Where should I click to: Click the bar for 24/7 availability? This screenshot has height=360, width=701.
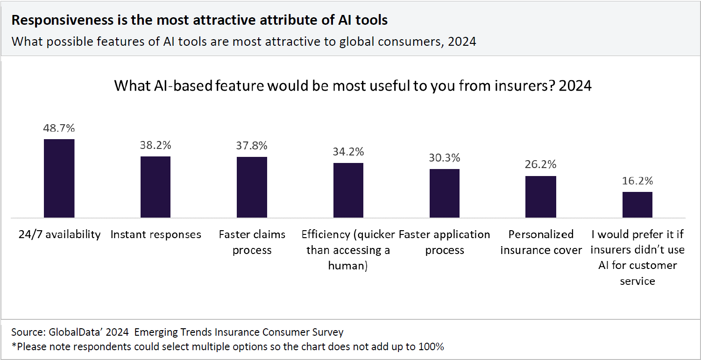[x=59, y=178]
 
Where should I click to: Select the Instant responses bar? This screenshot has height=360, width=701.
[x=156, y=187]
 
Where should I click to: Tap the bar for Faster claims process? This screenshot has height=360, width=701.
[x=252, y=187]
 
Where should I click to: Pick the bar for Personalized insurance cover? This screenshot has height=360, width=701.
[x=541, y=197]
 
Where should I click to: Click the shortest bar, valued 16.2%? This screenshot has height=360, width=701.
[x=637, y=205]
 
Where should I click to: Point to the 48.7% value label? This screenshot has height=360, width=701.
[x=59, y=128]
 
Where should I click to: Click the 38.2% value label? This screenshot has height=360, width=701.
[x=156, y=145]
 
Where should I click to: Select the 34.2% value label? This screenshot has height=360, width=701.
[x=348, y=152]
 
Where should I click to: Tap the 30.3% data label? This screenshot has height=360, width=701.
[x=445, y=158]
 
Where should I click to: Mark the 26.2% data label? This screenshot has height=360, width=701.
[x=541, y=165]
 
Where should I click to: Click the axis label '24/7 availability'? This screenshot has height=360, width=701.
[x=59, y=234]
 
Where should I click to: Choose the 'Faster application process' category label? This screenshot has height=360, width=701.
[x=445, y=242]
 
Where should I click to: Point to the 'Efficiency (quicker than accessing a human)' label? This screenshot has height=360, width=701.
[x=348, y=250]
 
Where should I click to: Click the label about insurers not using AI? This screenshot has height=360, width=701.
[x=637, y=257]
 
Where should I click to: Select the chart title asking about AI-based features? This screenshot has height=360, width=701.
[x=353, y=86]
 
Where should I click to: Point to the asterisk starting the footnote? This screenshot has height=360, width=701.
[x=14, y=346]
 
